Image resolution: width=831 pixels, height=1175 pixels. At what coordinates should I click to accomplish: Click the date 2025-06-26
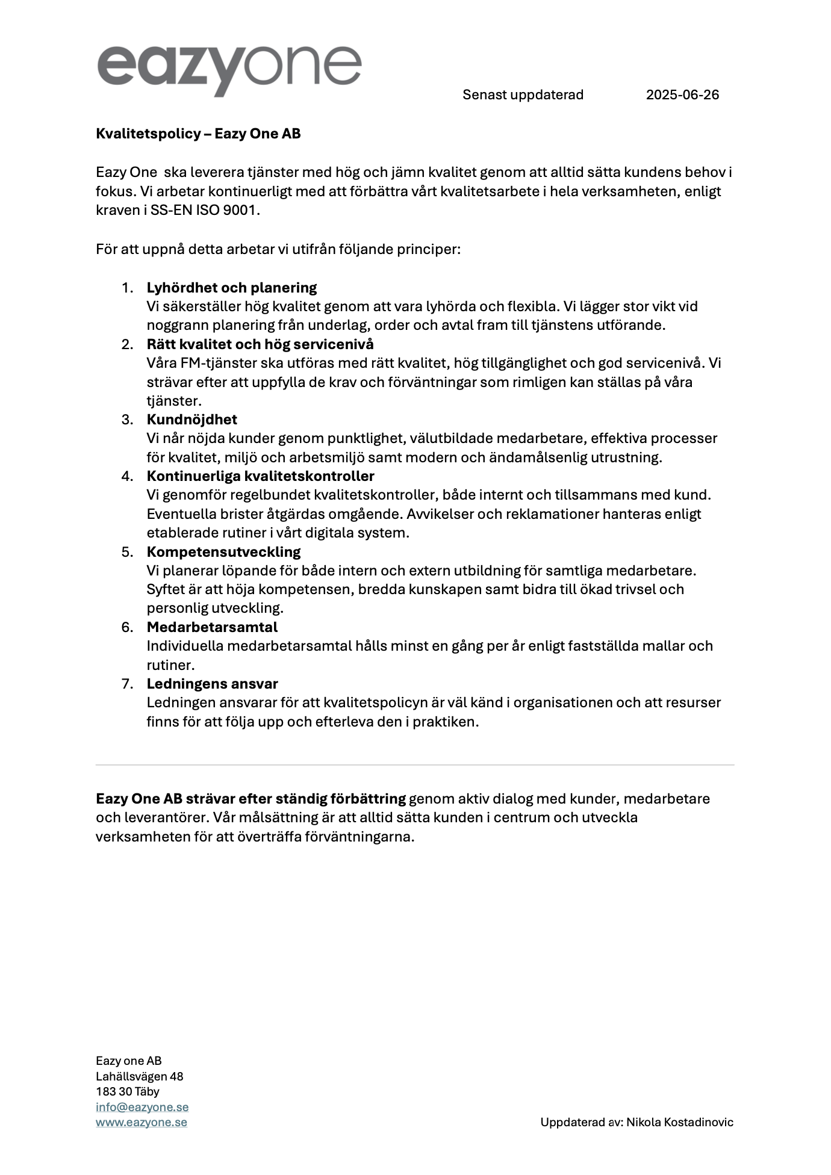tap(682, 95)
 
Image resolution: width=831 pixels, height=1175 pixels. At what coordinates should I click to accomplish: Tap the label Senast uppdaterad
tap(523, 95)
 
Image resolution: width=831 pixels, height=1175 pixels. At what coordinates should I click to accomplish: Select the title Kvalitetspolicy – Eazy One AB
tap(198, 134)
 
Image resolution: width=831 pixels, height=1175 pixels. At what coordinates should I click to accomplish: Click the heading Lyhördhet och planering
tap(232, 288)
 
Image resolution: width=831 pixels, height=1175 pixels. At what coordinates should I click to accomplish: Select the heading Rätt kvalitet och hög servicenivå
tap(260, 344)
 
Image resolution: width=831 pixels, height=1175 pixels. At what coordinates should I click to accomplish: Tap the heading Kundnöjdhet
tap(192, 420)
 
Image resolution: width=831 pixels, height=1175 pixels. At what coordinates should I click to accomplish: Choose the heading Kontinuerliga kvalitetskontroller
tap(261, 476)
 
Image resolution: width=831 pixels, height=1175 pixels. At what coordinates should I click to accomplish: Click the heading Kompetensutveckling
tap(223, 552)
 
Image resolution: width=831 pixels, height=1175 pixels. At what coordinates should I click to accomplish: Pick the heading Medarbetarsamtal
tap(212, 627)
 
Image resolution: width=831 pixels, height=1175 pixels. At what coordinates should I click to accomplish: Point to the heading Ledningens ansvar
tap(212, 684)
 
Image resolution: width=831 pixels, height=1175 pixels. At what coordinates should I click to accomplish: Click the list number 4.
tap(127, 476)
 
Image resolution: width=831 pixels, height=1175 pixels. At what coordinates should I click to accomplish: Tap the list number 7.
tap(127, 684)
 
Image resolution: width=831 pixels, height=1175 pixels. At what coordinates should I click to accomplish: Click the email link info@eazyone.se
tap(142, 1107)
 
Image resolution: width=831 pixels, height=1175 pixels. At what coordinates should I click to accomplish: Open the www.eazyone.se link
tap(142, 1122)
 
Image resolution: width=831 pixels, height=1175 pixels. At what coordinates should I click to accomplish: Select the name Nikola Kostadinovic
tap(680, 1122)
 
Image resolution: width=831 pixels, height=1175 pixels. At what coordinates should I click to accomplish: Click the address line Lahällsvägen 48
tap(140, 1076)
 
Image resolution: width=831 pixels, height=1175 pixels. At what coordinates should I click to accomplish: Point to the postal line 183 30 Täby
tap(128, 1091)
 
